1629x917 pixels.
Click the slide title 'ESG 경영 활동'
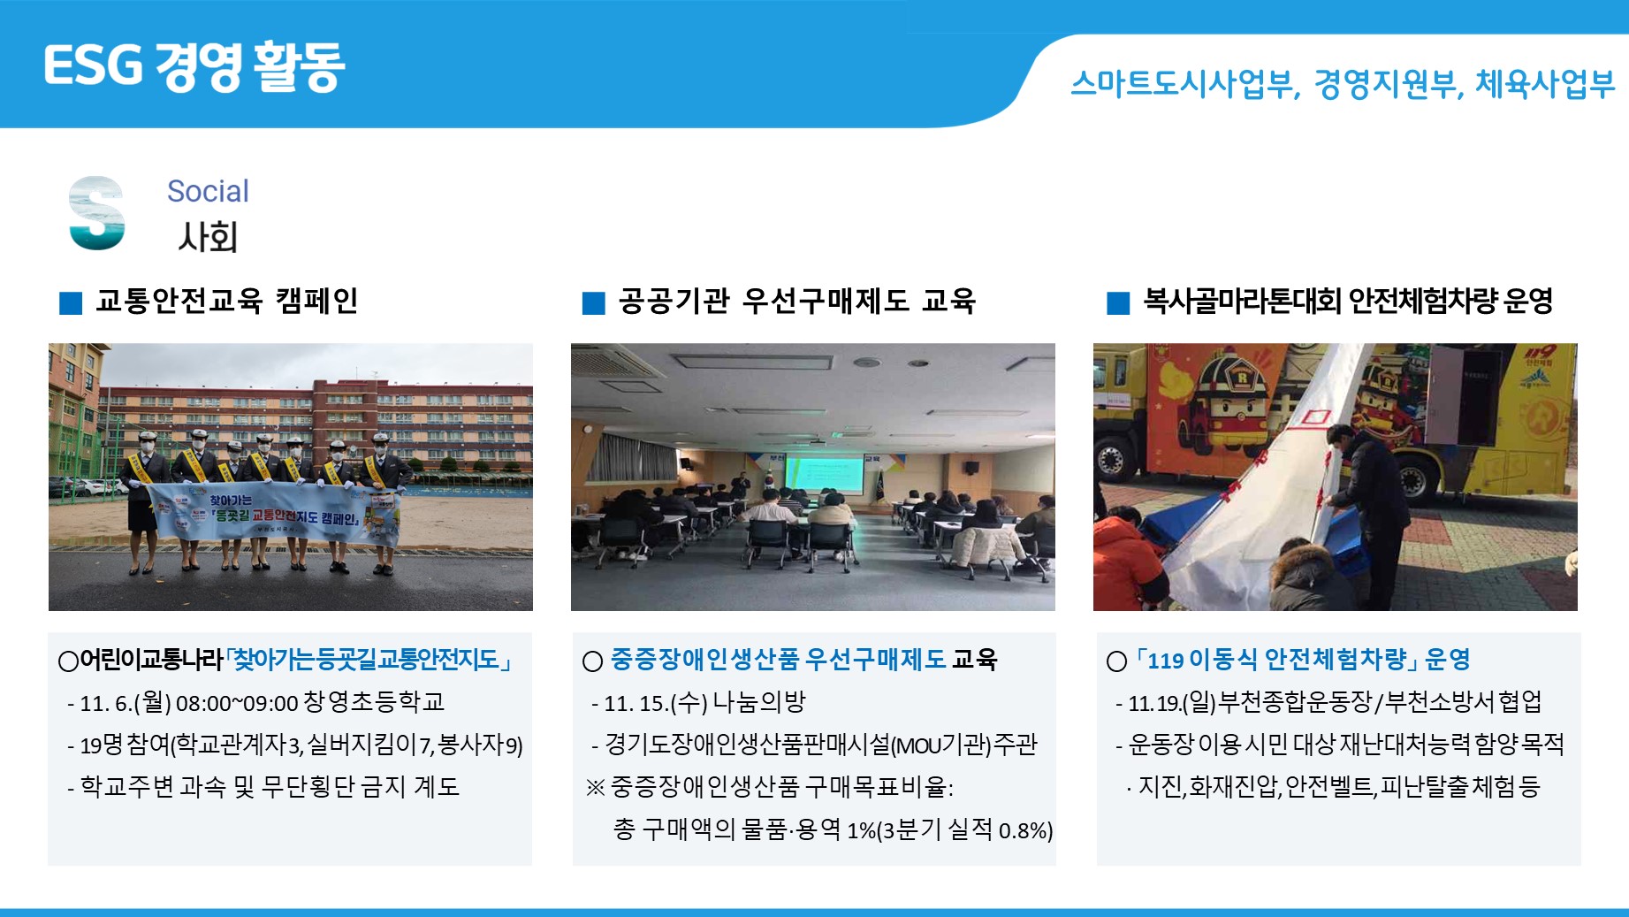194,66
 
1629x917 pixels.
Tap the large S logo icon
97,213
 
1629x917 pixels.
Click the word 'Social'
208,191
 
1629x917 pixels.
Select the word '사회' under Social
208,237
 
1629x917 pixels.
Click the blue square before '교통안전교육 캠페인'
71,303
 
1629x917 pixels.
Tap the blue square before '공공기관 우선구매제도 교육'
594,303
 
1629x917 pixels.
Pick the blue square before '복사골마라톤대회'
1118,303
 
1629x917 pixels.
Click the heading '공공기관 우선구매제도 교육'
797,302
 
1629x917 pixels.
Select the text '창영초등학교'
374,702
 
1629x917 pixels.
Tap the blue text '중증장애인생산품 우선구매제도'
779,660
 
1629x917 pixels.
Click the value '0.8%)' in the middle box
1026,831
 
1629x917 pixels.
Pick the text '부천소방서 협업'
1464,702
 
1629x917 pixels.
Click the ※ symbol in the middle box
595,787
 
